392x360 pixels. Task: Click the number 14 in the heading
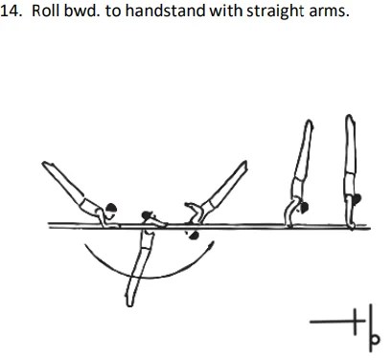[x=12, y=11]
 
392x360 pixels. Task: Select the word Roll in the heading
[x=45, y=11]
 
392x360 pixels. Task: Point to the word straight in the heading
[x=265, y=11]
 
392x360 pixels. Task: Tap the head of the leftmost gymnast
[x=112, y=207]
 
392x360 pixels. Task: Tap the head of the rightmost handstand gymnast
[x=359, y=200]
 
